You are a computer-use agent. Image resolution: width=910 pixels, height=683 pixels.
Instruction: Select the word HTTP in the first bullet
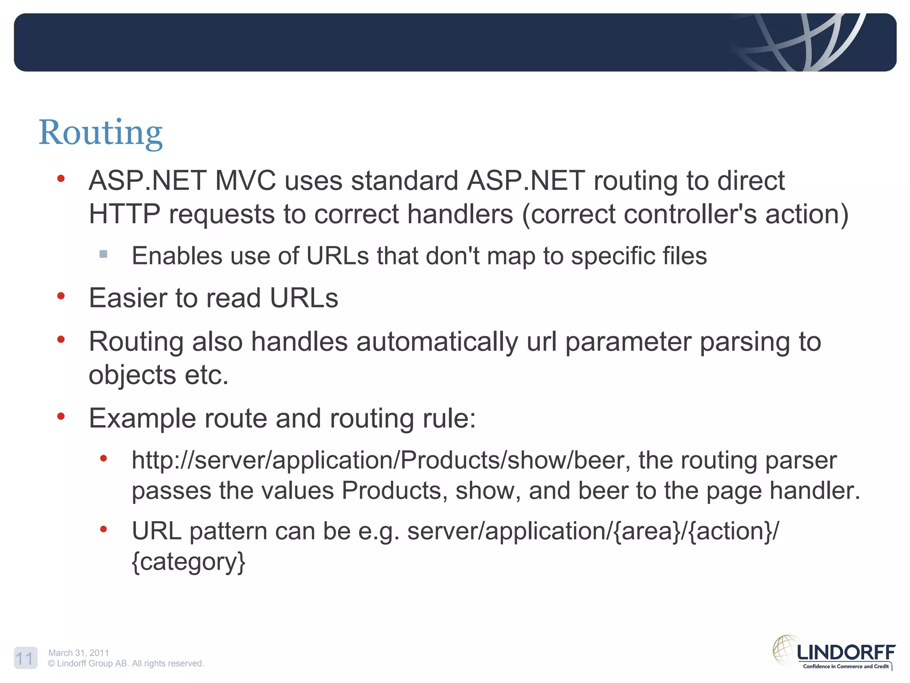click(124, 214)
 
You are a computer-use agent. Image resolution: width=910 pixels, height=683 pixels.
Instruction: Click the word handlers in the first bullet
click(460, 214)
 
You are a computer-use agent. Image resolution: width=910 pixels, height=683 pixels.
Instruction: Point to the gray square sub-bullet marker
click(104, 254)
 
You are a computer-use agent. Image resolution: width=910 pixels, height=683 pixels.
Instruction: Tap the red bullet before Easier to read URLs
click(61, 296)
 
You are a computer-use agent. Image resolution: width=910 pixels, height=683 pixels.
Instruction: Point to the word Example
click(142, 418)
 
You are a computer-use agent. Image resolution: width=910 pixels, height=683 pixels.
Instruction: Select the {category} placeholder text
click(188, 562)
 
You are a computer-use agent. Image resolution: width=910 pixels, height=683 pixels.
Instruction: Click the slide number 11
click(25, 659)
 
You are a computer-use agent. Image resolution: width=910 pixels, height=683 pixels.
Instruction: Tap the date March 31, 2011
click(79, 653)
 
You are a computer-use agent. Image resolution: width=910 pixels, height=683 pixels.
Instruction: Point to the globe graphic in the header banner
click(800, 42)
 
